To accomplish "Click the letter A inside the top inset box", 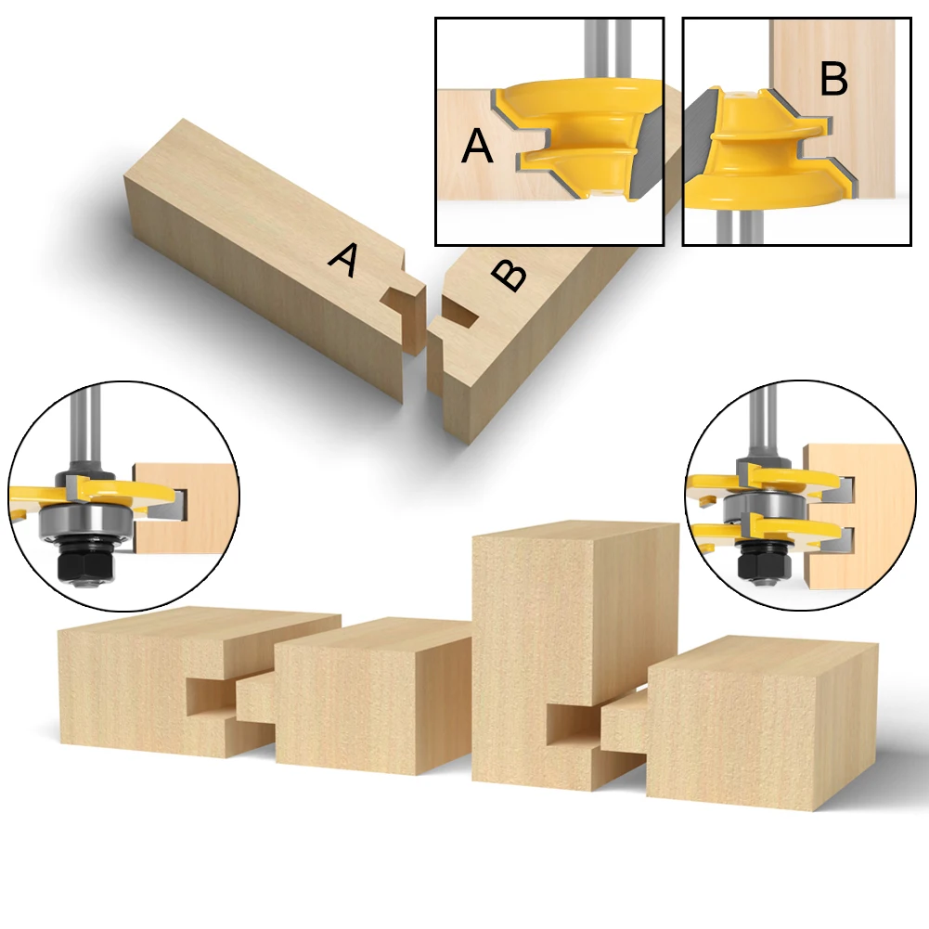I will coord(477,147).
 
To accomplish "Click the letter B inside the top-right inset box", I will coord(833,81).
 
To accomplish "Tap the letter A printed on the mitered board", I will coord(343,260).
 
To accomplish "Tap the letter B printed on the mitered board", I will coord(509,275).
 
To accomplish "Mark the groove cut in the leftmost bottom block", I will coord(212,696).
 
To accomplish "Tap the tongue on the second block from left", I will coord(255,698).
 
